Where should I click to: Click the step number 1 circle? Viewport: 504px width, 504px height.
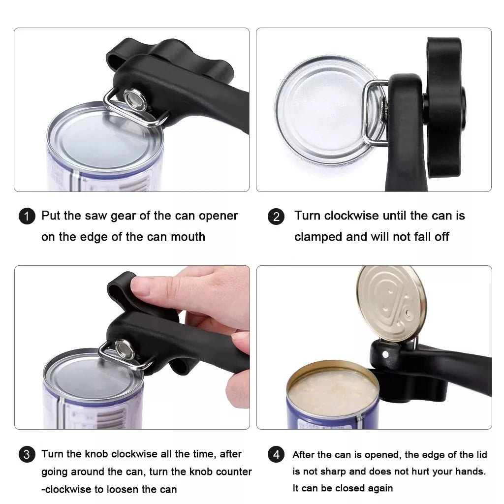pyautogui.click(x=27, y=217)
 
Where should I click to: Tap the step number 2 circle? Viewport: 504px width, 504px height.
pyautogui.click(x=276, y=217)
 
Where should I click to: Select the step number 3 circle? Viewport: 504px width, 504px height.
pyautogui.click(x=27, y=454)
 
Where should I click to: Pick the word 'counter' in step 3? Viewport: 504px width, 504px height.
pyautogui.click(x=232, y=472)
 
